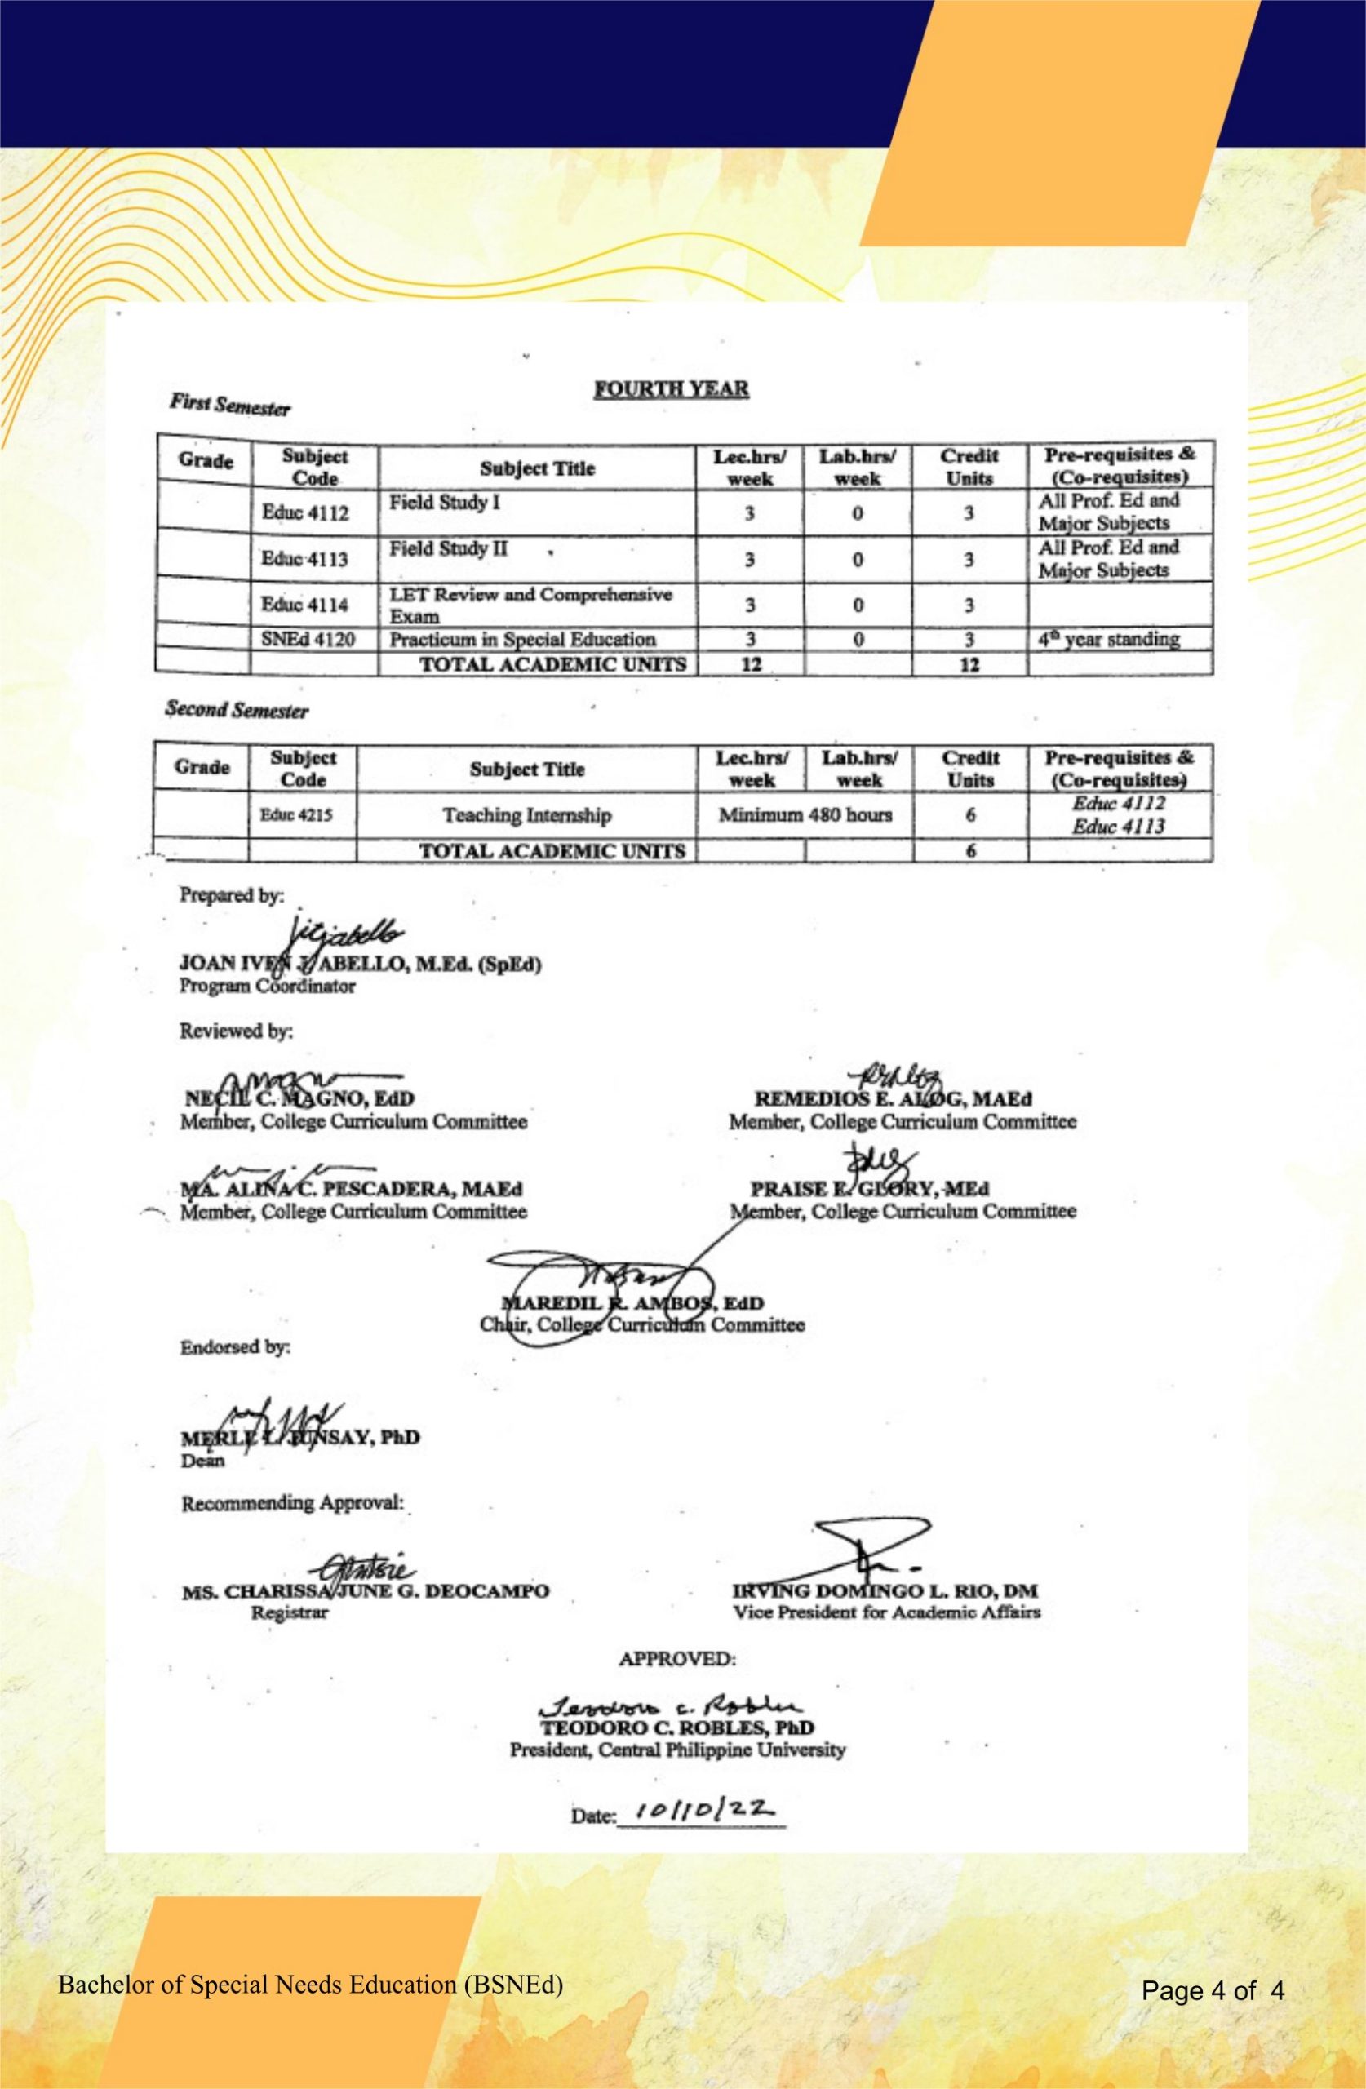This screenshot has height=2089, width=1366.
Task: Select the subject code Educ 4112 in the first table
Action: pyautogui.click(x=304, y=512)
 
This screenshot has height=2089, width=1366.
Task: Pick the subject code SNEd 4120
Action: pyautogui.click(x=308, y=639)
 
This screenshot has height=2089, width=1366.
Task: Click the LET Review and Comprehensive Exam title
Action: pyautogui.click(x=530, y=604)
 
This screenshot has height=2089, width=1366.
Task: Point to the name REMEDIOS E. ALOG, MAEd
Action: pyautogui.click(x=894, y=1099)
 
